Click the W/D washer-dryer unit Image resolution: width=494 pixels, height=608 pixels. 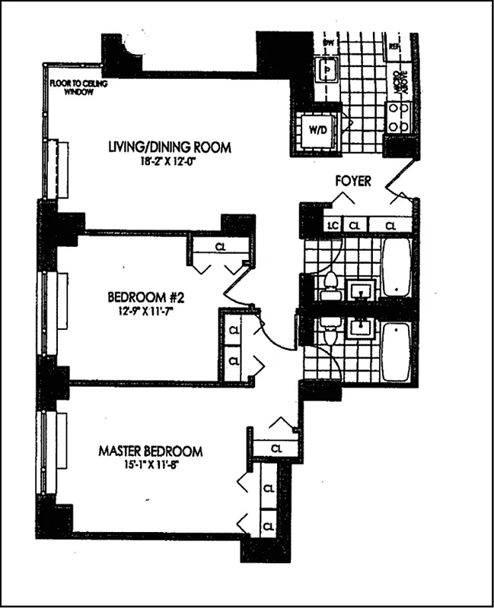coord(317,129)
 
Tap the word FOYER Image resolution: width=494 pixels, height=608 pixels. coord(352,182)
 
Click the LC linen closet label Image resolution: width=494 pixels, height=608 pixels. coord(332,226)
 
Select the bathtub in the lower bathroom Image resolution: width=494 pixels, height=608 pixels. coord(396,352)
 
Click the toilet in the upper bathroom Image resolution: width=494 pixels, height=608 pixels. coord(330,286)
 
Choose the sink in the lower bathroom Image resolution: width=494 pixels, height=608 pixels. coord(359,328)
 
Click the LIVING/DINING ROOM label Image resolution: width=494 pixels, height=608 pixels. coord(169,147)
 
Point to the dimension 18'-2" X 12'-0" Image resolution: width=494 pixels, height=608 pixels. coord(169,161)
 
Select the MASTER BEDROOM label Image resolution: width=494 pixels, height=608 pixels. coord(150,451)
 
